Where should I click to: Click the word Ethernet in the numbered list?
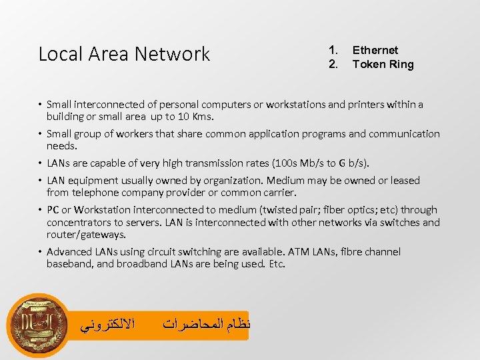375,50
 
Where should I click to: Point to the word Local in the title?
57,54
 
